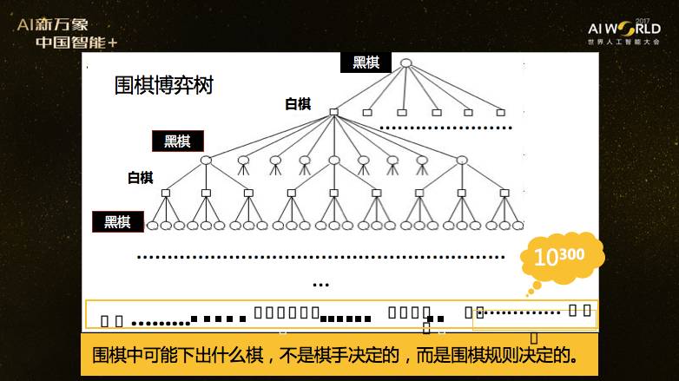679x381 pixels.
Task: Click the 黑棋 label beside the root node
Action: (366, 62)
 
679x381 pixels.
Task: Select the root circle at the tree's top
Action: (405, 62)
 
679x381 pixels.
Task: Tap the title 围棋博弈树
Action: (163, 87)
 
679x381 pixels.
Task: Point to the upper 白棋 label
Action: (298, 104)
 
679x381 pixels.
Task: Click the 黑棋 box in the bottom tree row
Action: (118, 221)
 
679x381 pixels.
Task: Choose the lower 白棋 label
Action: (140, 178)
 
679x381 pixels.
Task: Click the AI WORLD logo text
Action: (623, 29)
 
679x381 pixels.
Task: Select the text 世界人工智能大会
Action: (623, 42)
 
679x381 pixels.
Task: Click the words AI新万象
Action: (52, 25)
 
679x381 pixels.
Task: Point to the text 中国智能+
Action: (76, 43)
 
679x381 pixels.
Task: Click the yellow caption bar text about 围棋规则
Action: (335, 356)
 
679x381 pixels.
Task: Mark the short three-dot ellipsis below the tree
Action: (320, 285)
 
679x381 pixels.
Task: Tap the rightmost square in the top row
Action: (500, 112)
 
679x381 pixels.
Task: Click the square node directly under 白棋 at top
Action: (333, 112)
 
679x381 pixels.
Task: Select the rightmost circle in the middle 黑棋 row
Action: (462, 160)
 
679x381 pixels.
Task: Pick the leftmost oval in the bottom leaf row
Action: (153, 226)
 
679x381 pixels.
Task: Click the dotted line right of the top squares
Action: (441, 128)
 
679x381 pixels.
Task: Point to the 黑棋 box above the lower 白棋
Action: (177, 141)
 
